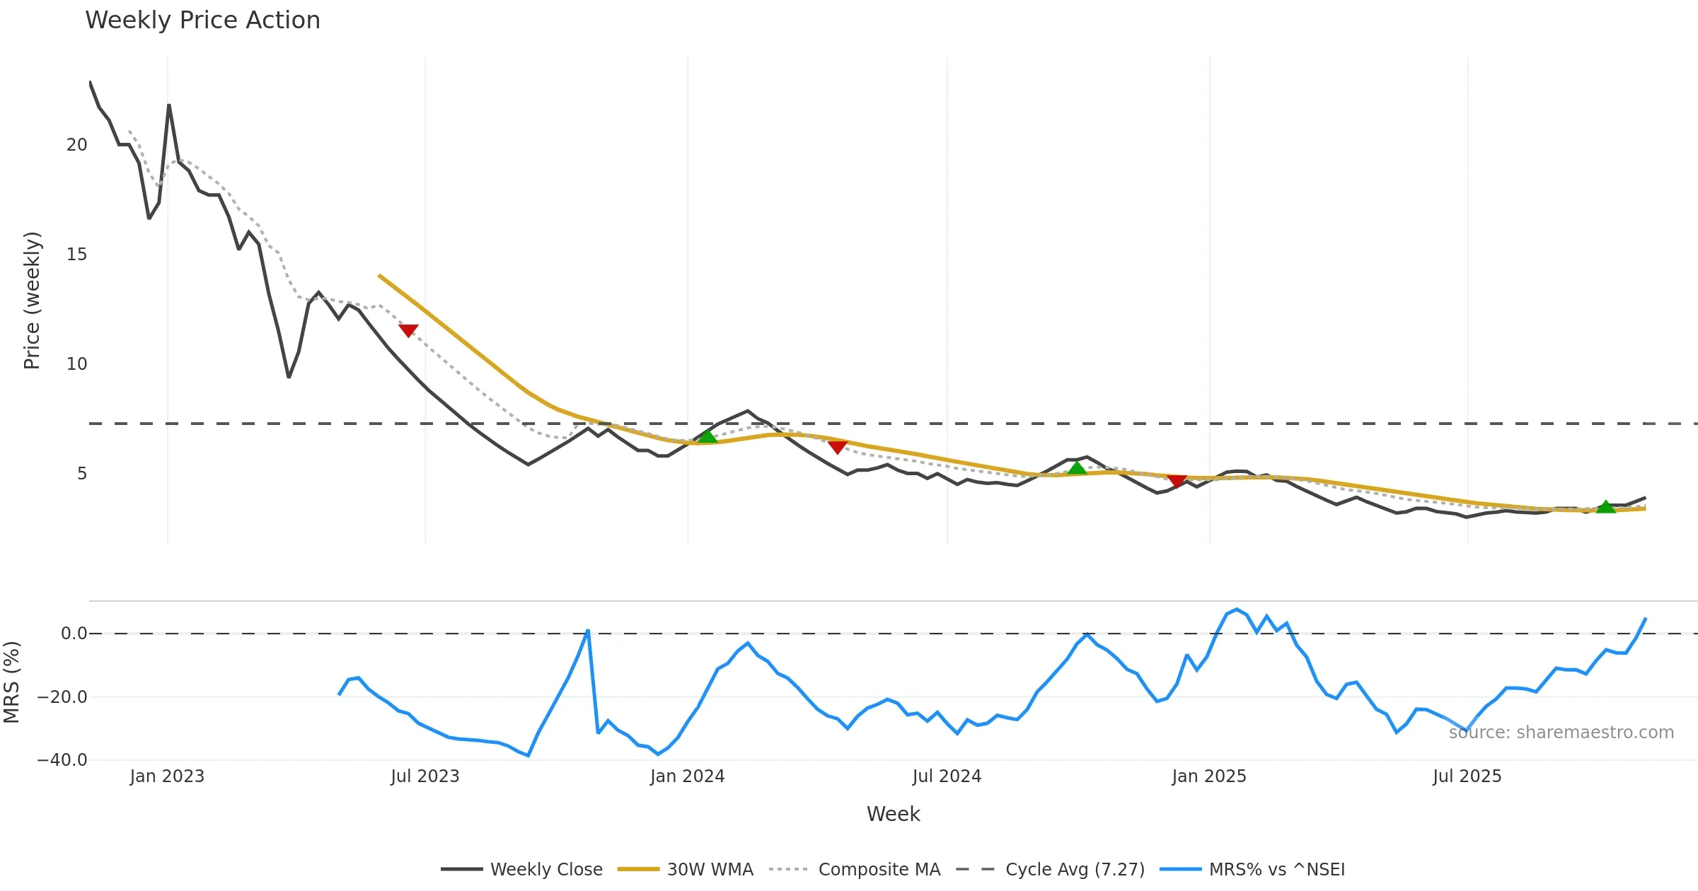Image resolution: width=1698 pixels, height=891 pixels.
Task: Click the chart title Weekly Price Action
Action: coord(202,21)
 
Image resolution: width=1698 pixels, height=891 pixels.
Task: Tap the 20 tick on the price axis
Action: coord(76,145)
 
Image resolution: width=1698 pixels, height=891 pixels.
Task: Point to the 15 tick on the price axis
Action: coord(76,255)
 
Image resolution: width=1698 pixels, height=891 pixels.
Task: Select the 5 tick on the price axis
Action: coord(82,474)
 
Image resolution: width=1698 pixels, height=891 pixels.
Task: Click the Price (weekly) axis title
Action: coord(33,301)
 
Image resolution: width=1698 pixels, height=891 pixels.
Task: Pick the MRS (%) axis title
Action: coord(12,682)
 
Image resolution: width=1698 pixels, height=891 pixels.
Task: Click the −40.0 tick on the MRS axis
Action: coord(62,760)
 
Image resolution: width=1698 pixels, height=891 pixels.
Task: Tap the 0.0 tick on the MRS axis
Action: coord(74,634)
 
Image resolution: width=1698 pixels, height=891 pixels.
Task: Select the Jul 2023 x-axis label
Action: coord(424,776)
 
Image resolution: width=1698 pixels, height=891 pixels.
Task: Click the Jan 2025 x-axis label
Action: coord(1208,776)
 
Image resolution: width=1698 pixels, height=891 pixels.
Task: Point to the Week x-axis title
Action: coord(893,815)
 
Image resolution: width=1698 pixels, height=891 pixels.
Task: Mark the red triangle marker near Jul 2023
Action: coord(408,330)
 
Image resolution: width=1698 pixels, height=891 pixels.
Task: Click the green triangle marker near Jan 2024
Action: coord(707,436)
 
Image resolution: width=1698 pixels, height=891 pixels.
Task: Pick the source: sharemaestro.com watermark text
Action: coord(1561,733)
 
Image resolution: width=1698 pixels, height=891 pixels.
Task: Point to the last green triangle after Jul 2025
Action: coord(1606,506)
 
